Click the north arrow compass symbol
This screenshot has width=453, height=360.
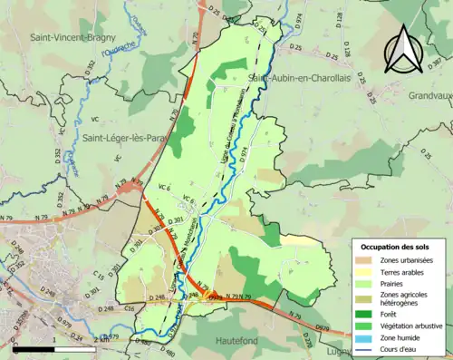(404, 47)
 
